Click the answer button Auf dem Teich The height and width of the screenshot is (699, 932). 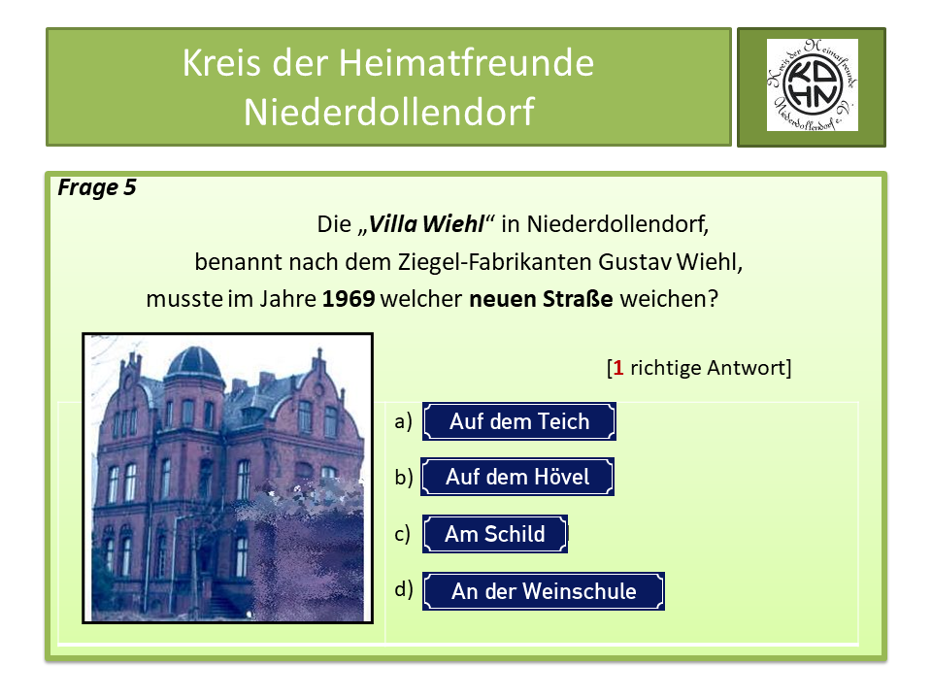(x=519, y=422)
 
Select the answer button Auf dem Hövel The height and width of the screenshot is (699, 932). (x=517, y=478)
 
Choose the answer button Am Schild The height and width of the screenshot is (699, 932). (x=494, y=534)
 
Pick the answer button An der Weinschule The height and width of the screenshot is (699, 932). (x=544, y=591)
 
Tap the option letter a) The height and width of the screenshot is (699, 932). (x=404, y=421)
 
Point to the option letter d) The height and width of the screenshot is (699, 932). (x=404, y=588)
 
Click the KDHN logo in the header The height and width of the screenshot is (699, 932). (x=812, y=86)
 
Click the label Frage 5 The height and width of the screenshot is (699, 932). (x=97, y=188)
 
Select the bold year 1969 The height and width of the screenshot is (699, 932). (x=349, y=299)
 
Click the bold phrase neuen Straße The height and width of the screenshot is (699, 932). (x=541, y=299)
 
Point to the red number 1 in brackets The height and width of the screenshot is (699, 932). (x=617, y=368)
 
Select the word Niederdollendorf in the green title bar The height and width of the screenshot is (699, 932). (x=388, y=112)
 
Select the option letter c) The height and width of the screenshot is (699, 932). (x=403, y=533)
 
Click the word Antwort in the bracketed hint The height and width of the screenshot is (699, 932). (x=749, y=368)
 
